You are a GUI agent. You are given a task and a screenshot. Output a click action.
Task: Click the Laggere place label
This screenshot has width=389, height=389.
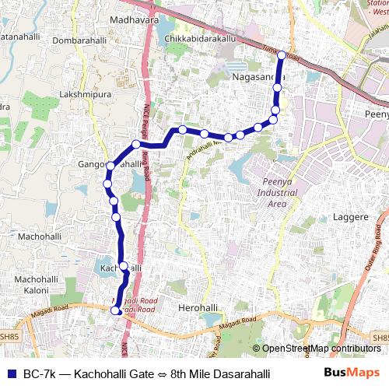tap(351, 218)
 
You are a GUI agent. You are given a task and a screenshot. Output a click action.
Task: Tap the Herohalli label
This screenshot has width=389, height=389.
tap(198, 308)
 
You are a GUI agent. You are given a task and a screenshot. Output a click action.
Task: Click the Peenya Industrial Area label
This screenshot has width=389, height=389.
tap(272, 194)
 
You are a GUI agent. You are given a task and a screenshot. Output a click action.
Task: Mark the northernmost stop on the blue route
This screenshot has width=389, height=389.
tap(282, 56)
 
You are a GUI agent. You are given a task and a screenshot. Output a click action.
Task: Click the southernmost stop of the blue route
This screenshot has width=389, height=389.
tap(115, 310)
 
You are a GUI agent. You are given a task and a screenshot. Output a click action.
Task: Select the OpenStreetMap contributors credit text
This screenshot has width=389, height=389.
tap(321, 349)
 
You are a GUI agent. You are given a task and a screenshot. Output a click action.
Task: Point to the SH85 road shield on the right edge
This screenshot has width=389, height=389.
tap(380, 338)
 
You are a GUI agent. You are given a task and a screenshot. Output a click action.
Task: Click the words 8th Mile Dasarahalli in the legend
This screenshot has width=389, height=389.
tap(220, 374)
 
